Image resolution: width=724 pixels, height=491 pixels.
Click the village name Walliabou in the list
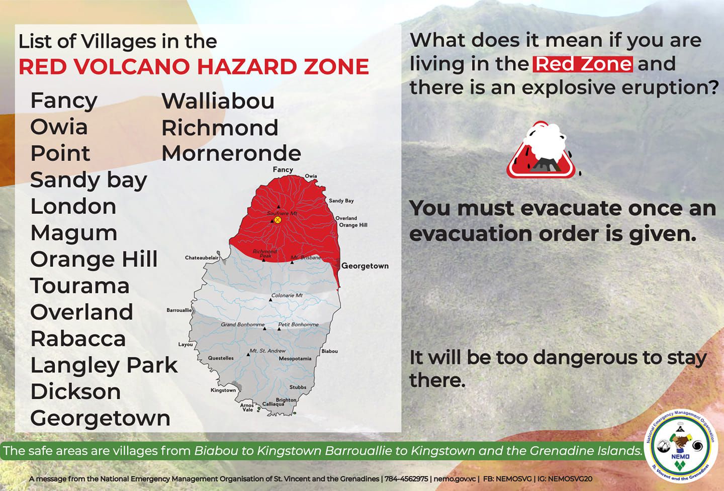click(218, 101)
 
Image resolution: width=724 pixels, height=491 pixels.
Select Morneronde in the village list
click(231, 153)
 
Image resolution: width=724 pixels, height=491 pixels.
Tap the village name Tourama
click(80, 286)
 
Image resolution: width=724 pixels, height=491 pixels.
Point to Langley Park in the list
click(104, 366)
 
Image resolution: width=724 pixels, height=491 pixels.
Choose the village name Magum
click(74, 233)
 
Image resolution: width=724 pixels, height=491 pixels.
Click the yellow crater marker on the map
click(278, 220)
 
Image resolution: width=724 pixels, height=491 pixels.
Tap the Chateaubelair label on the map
click(202, 258)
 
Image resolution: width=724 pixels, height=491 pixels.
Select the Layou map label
click(186, 345)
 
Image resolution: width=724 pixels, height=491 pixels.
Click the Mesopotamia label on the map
click(295, 358)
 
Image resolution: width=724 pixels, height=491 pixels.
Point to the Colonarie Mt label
click(287, 295)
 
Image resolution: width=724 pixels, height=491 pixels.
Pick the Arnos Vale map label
click(247, 408)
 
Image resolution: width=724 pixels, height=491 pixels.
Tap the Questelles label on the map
click(221, 358)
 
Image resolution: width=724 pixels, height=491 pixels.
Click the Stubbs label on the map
click(298, 387)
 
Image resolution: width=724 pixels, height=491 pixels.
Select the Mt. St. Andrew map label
click(267, 351)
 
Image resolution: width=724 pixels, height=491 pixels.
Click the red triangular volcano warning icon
click(541, 150)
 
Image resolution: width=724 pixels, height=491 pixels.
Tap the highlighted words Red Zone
click(583, 64)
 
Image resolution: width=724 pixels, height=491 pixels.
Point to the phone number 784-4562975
click(406, 479)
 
